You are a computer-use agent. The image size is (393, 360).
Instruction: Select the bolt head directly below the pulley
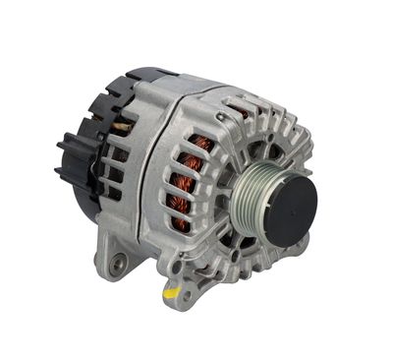pyautogui.click(x=257, y=258)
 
